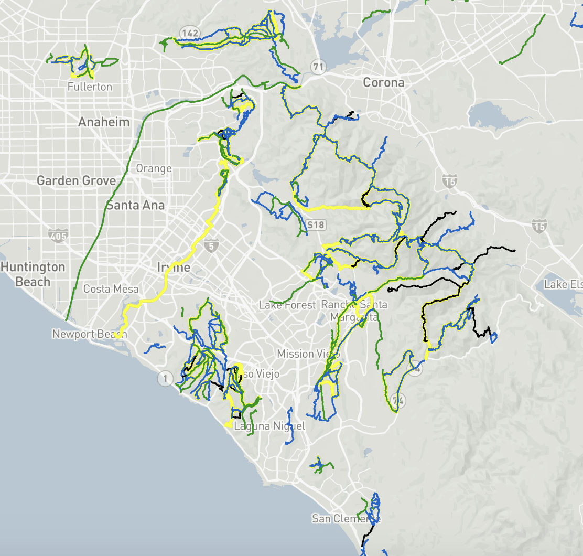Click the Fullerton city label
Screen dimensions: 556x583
pos(90,87)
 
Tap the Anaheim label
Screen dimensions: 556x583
pos(104,122)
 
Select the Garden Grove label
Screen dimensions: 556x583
pos(76,181)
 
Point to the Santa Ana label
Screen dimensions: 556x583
pos(135,205)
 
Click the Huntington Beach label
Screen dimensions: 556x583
pos(33,274)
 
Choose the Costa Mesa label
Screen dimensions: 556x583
pos(111,289)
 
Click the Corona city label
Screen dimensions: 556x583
pos(384,82)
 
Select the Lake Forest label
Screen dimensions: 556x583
pos(287,305)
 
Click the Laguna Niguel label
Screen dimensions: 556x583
pos(269,426)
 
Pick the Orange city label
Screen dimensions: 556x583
pos(154,168)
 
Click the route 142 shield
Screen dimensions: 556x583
pos(189,34)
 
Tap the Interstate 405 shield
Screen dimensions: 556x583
pos(57,236)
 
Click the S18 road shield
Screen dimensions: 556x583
pos(316,224)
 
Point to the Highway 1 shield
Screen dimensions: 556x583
pos(166,378)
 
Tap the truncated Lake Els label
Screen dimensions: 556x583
pos(563,284)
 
